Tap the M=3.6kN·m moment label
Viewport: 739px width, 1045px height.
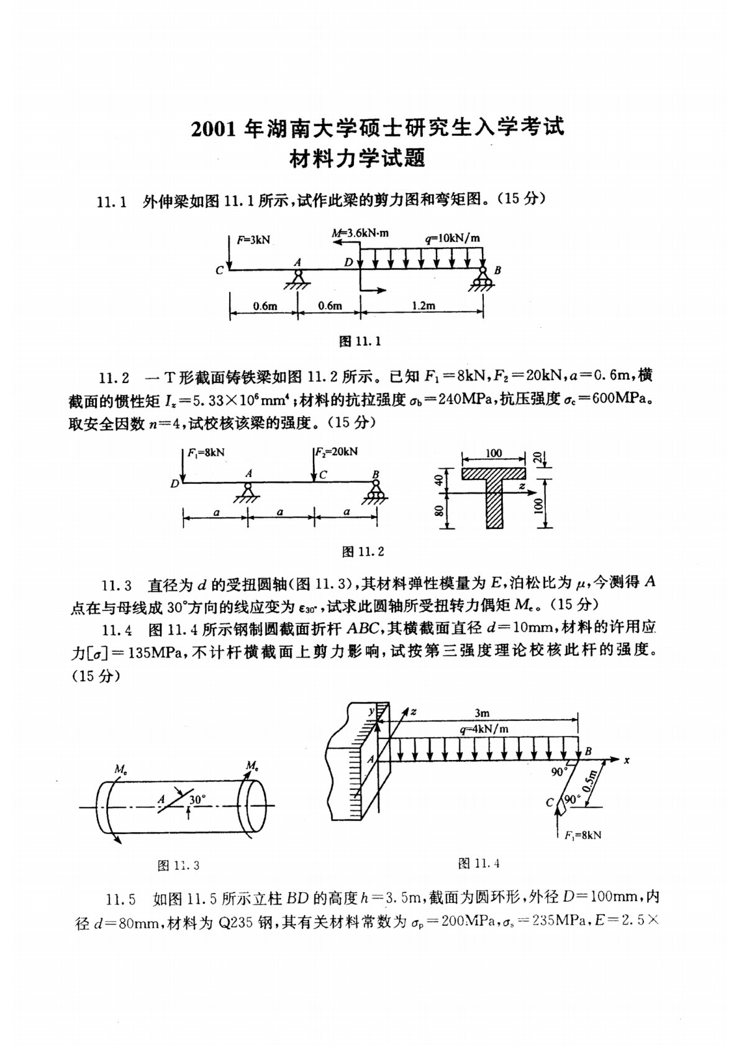coord(360,233)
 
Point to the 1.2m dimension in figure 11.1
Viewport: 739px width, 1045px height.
coord(424,305)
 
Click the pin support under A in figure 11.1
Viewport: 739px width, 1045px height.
coord(298,279)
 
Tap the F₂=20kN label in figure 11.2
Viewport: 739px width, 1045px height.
coord(337,452)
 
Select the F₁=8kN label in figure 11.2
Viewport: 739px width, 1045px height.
coord(206,453)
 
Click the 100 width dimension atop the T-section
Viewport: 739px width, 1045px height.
coord(494,453)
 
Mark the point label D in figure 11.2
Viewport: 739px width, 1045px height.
coord(175,482)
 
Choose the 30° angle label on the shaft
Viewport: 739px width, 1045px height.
coord(197,800)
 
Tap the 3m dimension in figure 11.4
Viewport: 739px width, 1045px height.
coord(481,713)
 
